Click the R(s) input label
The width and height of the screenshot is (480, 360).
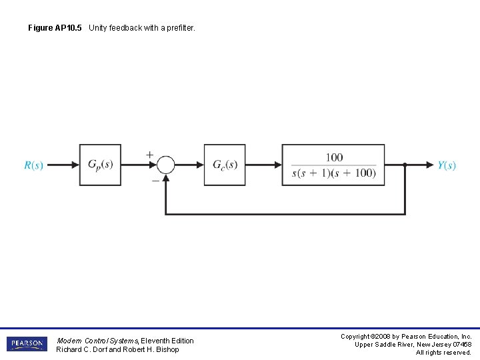[33, 165]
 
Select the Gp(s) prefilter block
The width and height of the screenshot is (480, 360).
[100, 165]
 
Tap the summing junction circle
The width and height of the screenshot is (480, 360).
[165, 165]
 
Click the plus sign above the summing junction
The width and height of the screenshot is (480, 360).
[149, 155]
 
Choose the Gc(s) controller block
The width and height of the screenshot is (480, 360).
[225, 165]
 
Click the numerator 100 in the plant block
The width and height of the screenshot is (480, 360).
[334, 157]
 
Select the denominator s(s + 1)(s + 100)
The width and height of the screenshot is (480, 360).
[334, 173]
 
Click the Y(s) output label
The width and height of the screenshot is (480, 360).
[447, 165]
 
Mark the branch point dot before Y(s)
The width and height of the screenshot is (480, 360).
[405, 165]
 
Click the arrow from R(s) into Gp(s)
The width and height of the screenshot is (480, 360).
[63, 165]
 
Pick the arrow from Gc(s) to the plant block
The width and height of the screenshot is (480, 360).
[263, 165]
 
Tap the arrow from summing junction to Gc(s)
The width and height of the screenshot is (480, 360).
[189, 165]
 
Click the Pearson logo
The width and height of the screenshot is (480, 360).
[27, 344]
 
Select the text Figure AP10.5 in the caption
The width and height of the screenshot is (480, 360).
[55, 28]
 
